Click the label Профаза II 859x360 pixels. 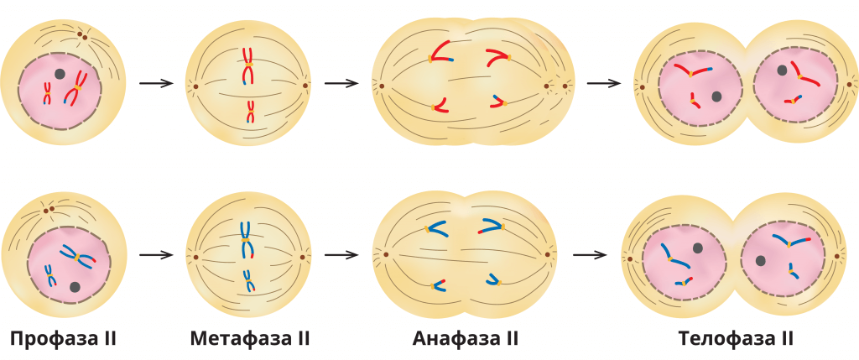pos(63,339)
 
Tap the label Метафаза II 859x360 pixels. pos(250,339)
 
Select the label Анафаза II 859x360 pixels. pos(466,339)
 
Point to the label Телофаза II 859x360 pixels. pos(736,339)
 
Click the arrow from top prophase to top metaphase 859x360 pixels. pos(155,83)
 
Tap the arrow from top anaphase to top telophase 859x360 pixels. pos(603,83)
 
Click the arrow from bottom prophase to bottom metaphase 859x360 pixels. pos(155,254)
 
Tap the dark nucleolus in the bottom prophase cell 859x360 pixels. pos(75,287)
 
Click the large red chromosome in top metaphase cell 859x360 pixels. pos(247,66)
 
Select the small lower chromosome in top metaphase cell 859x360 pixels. pos(250,111)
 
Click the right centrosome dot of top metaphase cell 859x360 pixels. pos(305,85)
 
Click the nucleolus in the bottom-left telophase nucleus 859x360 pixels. pos(698,248)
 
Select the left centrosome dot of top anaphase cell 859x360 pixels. pos(381,86)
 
